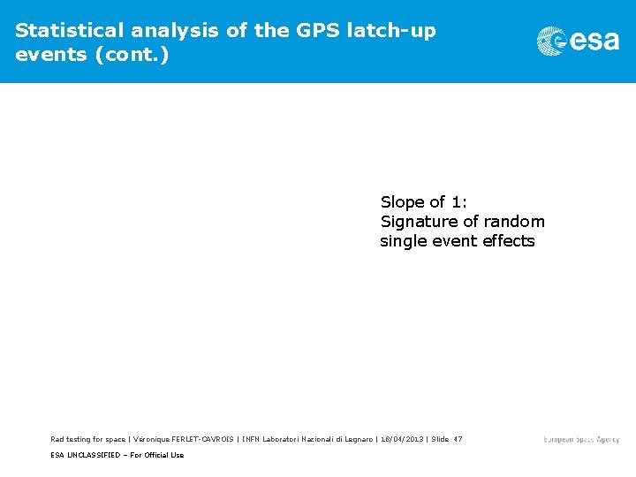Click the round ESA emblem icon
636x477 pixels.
[x=551, y=42]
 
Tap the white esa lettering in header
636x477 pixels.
[x=594, y=42]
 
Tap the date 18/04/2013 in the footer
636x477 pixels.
[x=403, y=439]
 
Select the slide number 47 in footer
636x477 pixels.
[x=457, y=439]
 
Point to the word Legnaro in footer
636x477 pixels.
[x=358, y=439]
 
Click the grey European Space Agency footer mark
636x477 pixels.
[x=580, y=440]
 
